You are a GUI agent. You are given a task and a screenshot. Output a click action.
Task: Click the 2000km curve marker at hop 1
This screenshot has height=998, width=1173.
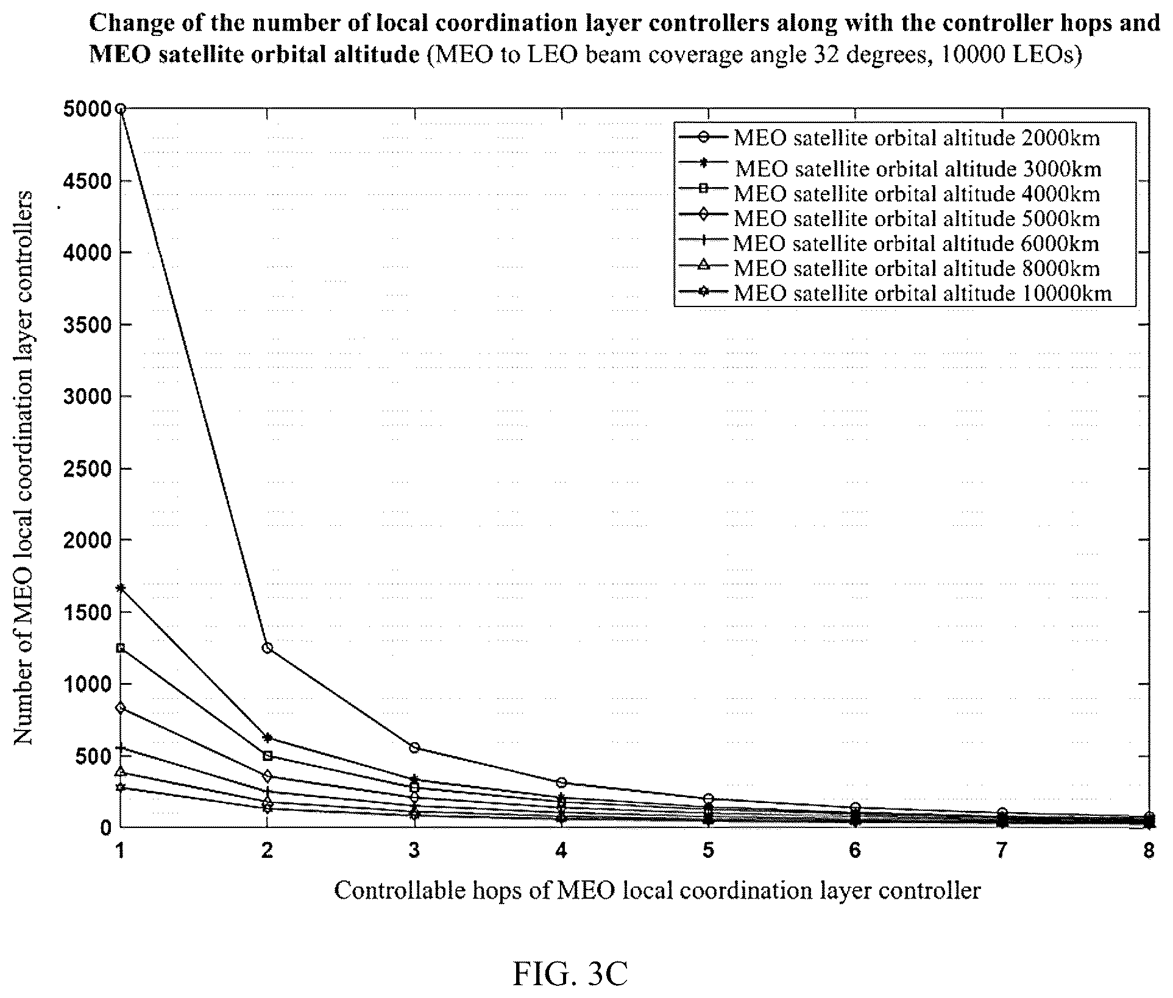[121, 109]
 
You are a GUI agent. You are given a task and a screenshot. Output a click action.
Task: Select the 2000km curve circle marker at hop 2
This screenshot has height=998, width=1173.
[267, 648]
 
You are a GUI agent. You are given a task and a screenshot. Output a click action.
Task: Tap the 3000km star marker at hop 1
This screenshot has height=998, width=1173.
[121, 588]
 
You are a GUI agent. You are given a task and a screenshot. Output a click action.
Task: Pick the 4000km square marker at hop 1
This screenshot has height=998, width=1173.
[121, 648]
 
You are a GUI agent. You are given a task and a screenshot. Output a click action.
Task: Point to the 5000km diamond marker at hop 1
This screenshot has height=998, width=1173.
[121, 708]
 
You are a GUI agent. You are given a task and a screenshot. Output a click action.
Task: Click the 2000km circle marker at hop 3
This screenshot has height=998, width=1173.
[414, 748]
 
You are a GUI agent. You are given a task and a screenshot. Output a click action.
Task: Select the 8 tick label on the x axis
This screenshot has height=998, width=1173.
[1149, 851]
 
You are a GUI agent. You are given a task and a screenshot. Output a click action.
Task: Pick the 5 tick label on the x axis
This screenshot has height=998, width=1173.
[708, 851]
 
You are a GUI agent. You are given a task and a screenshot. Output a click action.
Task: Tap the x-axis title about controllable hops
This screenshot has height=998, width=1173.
[657, 891]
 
